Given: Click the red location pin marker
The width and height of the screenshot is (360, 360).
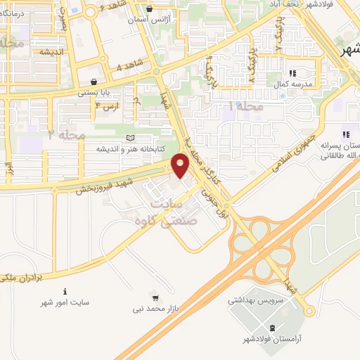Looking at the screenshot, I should [x=181, y=166].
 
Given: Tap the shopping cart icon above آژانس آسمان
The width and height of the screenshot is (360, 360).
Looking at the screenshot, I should [x=150, y=10].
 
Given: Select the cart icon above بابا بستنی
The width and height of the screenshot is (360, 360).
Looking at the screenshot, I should [x=94, y=81].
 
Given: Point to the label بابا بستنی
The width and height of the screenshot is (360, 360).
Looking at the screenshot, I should [x=94, y=92].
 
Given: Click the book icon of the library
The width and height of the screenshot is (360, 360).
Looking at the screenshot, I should [x=128, y=139].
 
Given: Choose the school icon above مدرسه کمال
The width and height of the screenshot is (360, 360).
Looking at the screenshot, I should [x=293, y=73].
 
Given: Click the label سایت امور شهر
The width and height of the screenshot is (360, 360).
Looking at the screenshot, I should [x=65, y=302].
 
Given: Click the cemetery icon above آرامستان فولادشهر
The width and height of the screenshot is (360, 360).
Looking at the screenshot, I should [x=274, y=328].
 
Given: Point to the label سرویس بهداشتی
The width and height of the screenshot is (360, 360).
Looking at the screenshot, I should [x=255, y=299].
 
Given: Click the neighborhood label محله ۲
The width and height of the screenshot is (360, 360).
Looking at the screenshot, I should [x=63, y=134].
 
